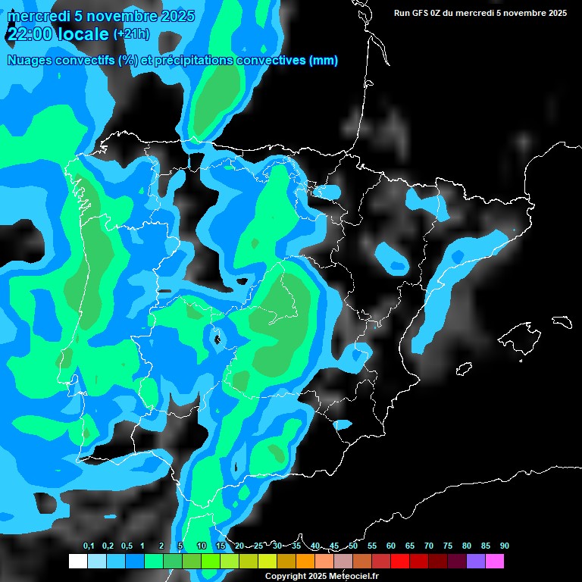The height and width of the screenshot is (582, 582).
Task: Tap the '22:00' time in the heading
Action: [x=30, y=33]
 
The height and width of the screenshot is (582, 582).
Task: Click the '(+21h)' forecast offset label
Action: [x=131, y=34]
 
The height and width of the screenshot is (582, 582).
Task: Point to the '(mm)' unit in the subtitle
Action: [x=324, y=61]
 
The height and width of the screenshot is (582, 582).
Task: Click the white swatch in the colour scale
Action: [x=77, y=562]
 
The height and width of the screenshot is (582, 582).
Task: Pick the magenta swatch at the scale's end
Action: [x=495, y=562]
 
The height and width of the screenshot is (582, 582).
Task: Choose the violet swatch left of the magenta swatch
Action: [x=476, y=562]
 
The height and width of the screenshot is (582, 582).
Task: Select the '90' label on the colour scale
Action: [x=504, y=546]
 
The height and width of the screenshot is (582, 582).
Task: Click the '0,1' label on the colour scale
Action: [x=89, y=546]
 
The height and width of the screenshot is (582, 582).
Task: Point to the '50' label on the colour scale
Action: [x=353, y=546]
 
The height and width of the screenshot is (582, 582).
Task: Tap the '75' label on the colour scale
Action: [x=447, y=546]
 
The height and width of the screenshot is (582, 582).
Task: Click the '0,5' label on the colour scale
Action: [x=127, y=546]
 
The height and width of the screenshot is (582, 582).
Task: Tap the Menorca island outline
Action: [x=562, y=321]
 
